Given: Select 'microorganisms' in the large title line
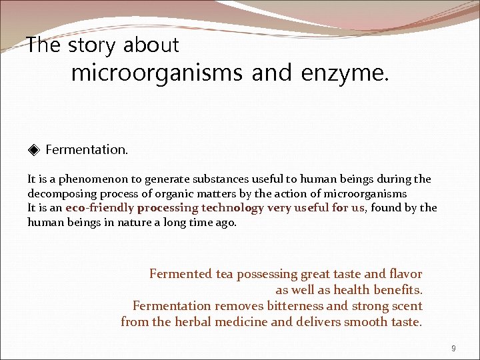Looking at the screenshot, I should (157, 73).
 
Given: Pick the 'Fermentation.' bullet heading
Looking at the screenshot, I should (87, 149).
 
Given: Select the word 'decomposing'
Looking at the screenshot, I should (59, 193).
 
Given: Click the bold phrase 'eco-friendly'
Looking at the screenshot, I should (99, 208).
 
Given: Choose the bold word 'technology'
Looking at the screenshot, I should (233, 208).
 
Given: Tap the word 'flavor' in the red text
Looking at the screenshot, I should (405, 274).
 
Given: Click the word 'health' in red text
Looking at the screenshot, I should (351, 290).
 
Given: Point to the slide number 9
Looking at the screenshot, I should (453, 348).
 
